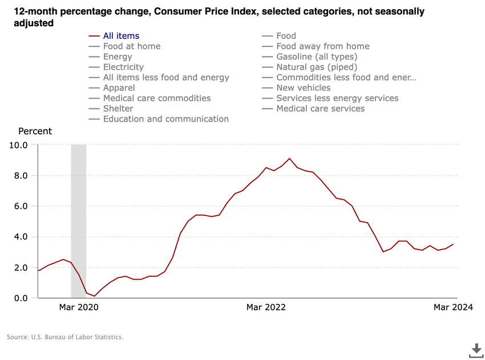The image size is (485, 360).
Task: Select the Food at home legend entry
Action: click(x=131, y=46)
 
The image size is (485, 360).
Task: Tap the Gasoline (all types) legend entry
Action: click(x=317, y=56)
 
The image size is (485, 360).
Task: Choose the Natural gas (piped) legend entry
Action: click(x=317, y=67)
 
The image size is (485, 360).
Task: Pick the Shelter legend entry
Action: click(x=118, y=108)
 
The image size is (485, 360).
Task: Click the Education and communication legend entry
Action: click(x=165, y=119)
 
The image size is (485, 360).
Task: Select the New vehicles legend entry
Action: click(x=303, y=88)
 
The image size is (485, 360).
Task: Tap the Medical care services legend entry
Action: click(x=320, y=108)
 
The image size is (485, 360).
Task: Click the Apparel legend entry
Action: click(x=119, y=88)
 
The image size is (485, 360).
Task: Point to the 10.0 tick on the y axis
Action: click(x=18, y=145)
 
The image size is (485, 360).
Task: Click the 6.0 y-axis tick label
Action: click(x=21, y=206)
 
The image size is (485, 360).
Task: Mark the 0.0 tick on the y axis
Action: click(x=21, y=298)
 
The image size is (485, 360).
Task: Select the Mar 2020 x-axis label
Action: click(x=79, y=308)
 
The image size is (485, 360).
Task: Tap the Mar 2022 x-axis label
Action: click(x=266, y=308)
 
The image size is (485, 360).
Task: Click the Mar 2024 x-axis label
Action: click(x=453, y=308)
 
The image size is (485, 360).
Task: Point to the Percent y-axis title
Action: click(x=35, y=131)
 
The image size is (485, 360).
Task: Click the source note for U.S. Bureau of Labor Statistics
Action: click(x=65, y=337)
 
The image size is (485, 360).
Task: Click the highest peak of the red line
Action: click(x=289, y=159)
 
